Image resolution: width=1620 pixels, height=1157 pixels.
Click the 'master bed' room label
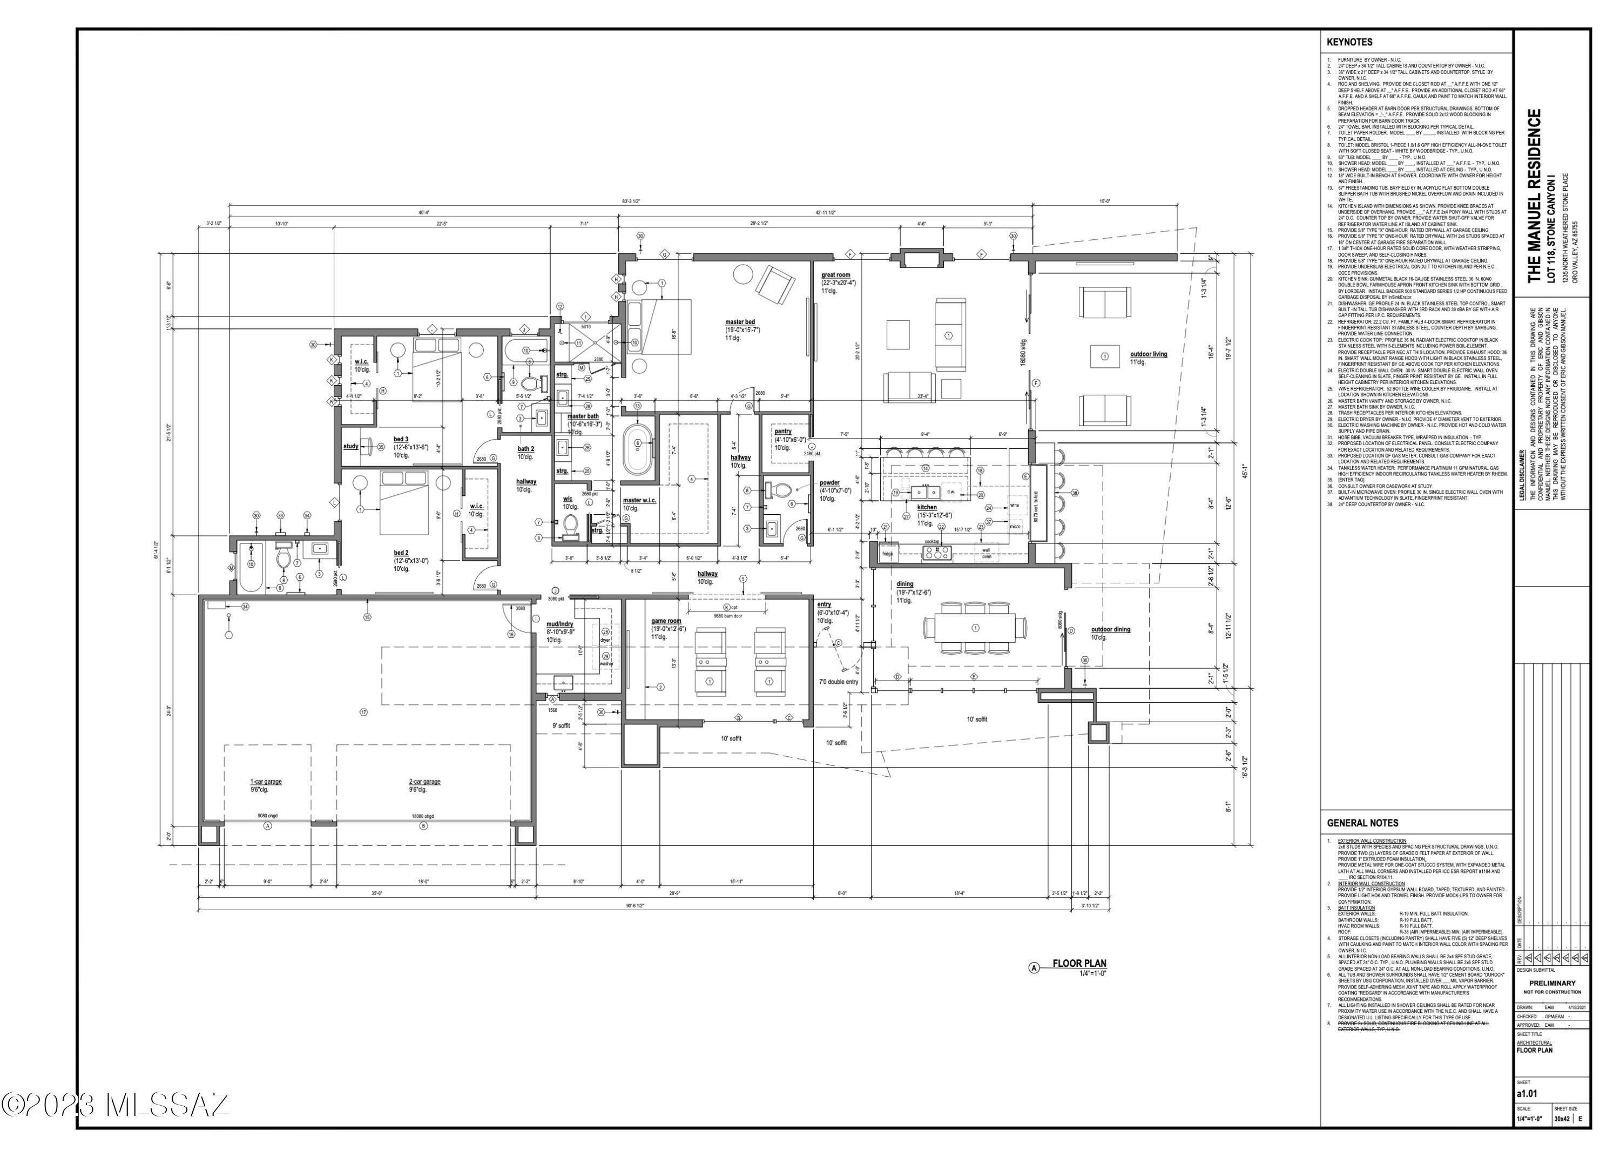(x=740, y=322)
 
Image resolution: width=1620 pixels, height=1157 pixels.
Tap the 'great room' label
(x=835, y=275)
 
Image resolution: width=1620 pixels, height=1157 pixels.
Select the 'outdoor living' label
(x=1149, y=354)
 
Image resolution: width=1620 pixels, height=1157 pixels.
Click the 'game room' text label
(x=666, y=621)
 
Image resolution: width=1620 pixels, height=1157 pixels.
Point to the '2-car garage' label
(x=424, y=782)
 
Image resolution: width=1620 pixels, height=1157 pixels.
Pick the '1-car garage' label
(x=266, y=782)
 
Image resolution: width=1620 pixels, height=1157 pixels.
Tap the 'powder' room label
(x=829, y=482)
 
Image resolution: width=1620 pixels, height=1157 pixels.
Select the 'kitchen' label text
(x=927, y=507)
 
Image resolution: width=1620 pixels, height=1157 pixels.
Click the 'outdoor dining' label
(x=1110, y=629)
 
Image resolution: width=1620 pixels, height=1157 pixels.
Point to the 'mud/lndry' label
(x=559, y=624)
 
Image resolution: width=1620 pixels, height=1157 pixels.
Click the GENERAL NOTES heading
(x=1362, y=823)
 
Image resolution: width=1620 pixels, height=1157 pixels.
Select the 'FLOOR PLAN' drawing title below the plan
(x=1079, y=963)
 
